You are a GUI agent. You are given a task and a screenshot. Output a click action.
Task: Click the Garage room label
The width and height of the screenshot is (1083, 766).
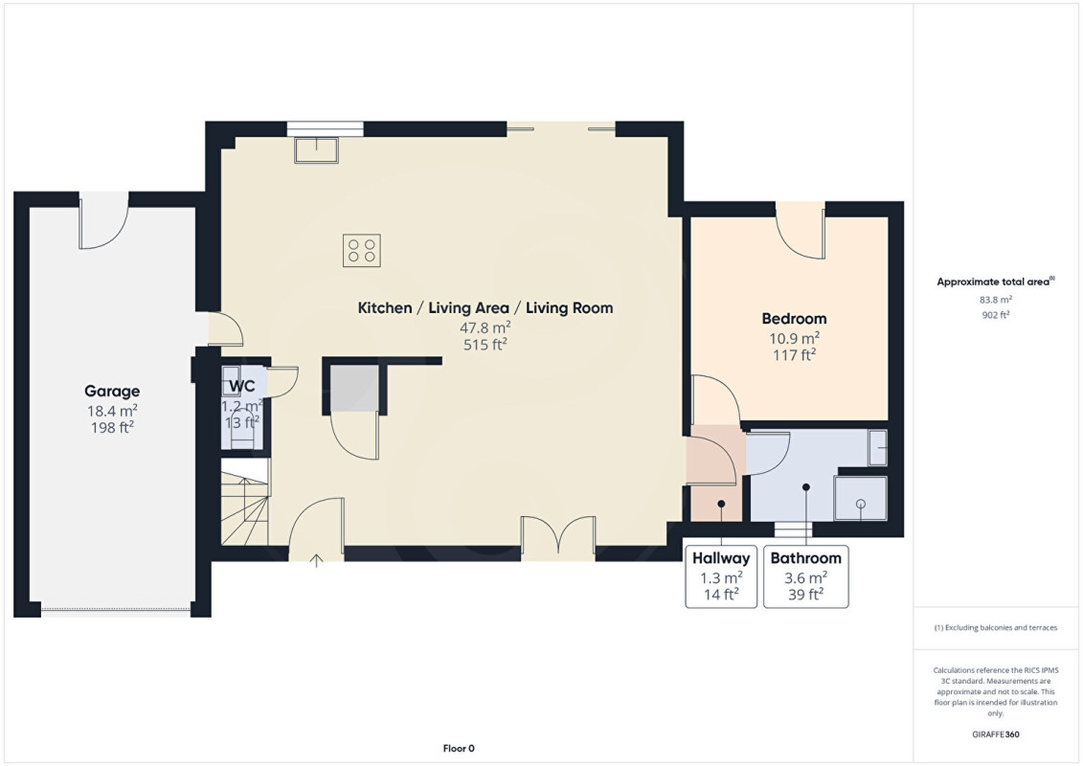pyautogui.click(x=112, y=392)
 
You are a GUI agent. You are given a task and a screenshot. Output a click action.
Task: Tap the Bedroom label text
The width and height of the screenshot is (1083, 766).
pyautogui.click(x=794, y=319)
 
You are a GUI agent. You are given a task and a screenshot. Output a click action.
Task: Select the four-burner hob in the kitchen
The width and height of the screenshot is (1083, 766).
pyautogui.click(x=361, y=250)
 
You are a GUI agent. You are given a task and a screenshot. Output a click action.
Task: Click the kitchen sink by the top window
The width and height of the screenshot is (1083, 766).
pyautogui.click(x=316, y=150)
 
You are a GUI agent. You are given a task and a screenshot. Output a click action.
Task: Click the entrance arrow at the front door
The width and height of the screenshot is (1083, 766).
pyautogui.click(x=316, y=560)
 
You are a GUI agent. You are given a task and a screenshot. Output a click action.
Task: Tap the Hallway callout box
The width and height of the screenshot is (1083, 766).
pyautogui.click(x=721, y=576)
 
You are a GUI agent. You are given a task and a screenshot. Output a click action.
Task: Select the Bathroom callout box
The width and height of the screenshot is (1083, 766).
pyautogui.click(x=806, y=576)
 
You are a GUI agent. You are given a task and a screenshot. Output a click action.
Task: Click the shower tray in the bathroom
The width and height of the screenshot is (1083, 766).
pyautogui.click(x=861, y=498)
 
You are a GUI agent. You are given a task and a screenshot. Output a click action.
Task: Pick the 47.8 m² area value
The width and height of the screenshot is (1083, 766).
pyautogui.click(x=485, y=327)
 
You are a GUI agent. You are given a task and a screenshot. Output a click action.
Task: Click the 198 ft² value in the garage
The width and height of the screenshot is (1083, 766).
pyautogui.click(x=112, y=428)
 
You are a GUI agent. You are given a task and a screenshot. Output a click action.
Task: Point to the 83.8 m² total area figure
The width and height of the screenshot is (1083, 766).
pyautogui.click(x=995, y=300)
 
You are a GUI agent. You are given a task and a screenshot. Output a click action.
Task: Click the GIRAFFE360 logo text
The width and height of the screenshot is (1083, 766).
pyautogui.click(x=995, y=734)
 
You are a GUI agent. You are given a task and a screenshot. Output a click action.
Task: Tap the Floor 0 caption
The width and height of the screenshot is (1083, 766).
pyautogui.click(x=459, y=748)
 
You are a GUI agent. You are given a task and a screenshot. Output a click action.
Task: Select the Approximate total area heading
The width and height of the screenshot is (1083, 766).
pyautogui.click(x=995, y=282)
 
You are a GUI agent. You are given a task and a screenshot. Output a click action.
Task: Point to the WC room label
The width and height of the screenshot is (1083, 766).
pyautogui.click(x=241, y=386)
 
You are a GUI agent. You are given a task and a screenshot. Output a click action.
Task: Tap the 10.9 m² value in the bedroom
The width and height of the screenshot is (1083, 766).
pyautogui.click(x=794, y=338)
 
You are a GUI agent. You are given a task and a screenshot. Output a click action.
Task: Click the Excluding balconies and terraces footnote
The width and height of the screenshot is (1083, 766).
pyautogui.click(x=995, y=628)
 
